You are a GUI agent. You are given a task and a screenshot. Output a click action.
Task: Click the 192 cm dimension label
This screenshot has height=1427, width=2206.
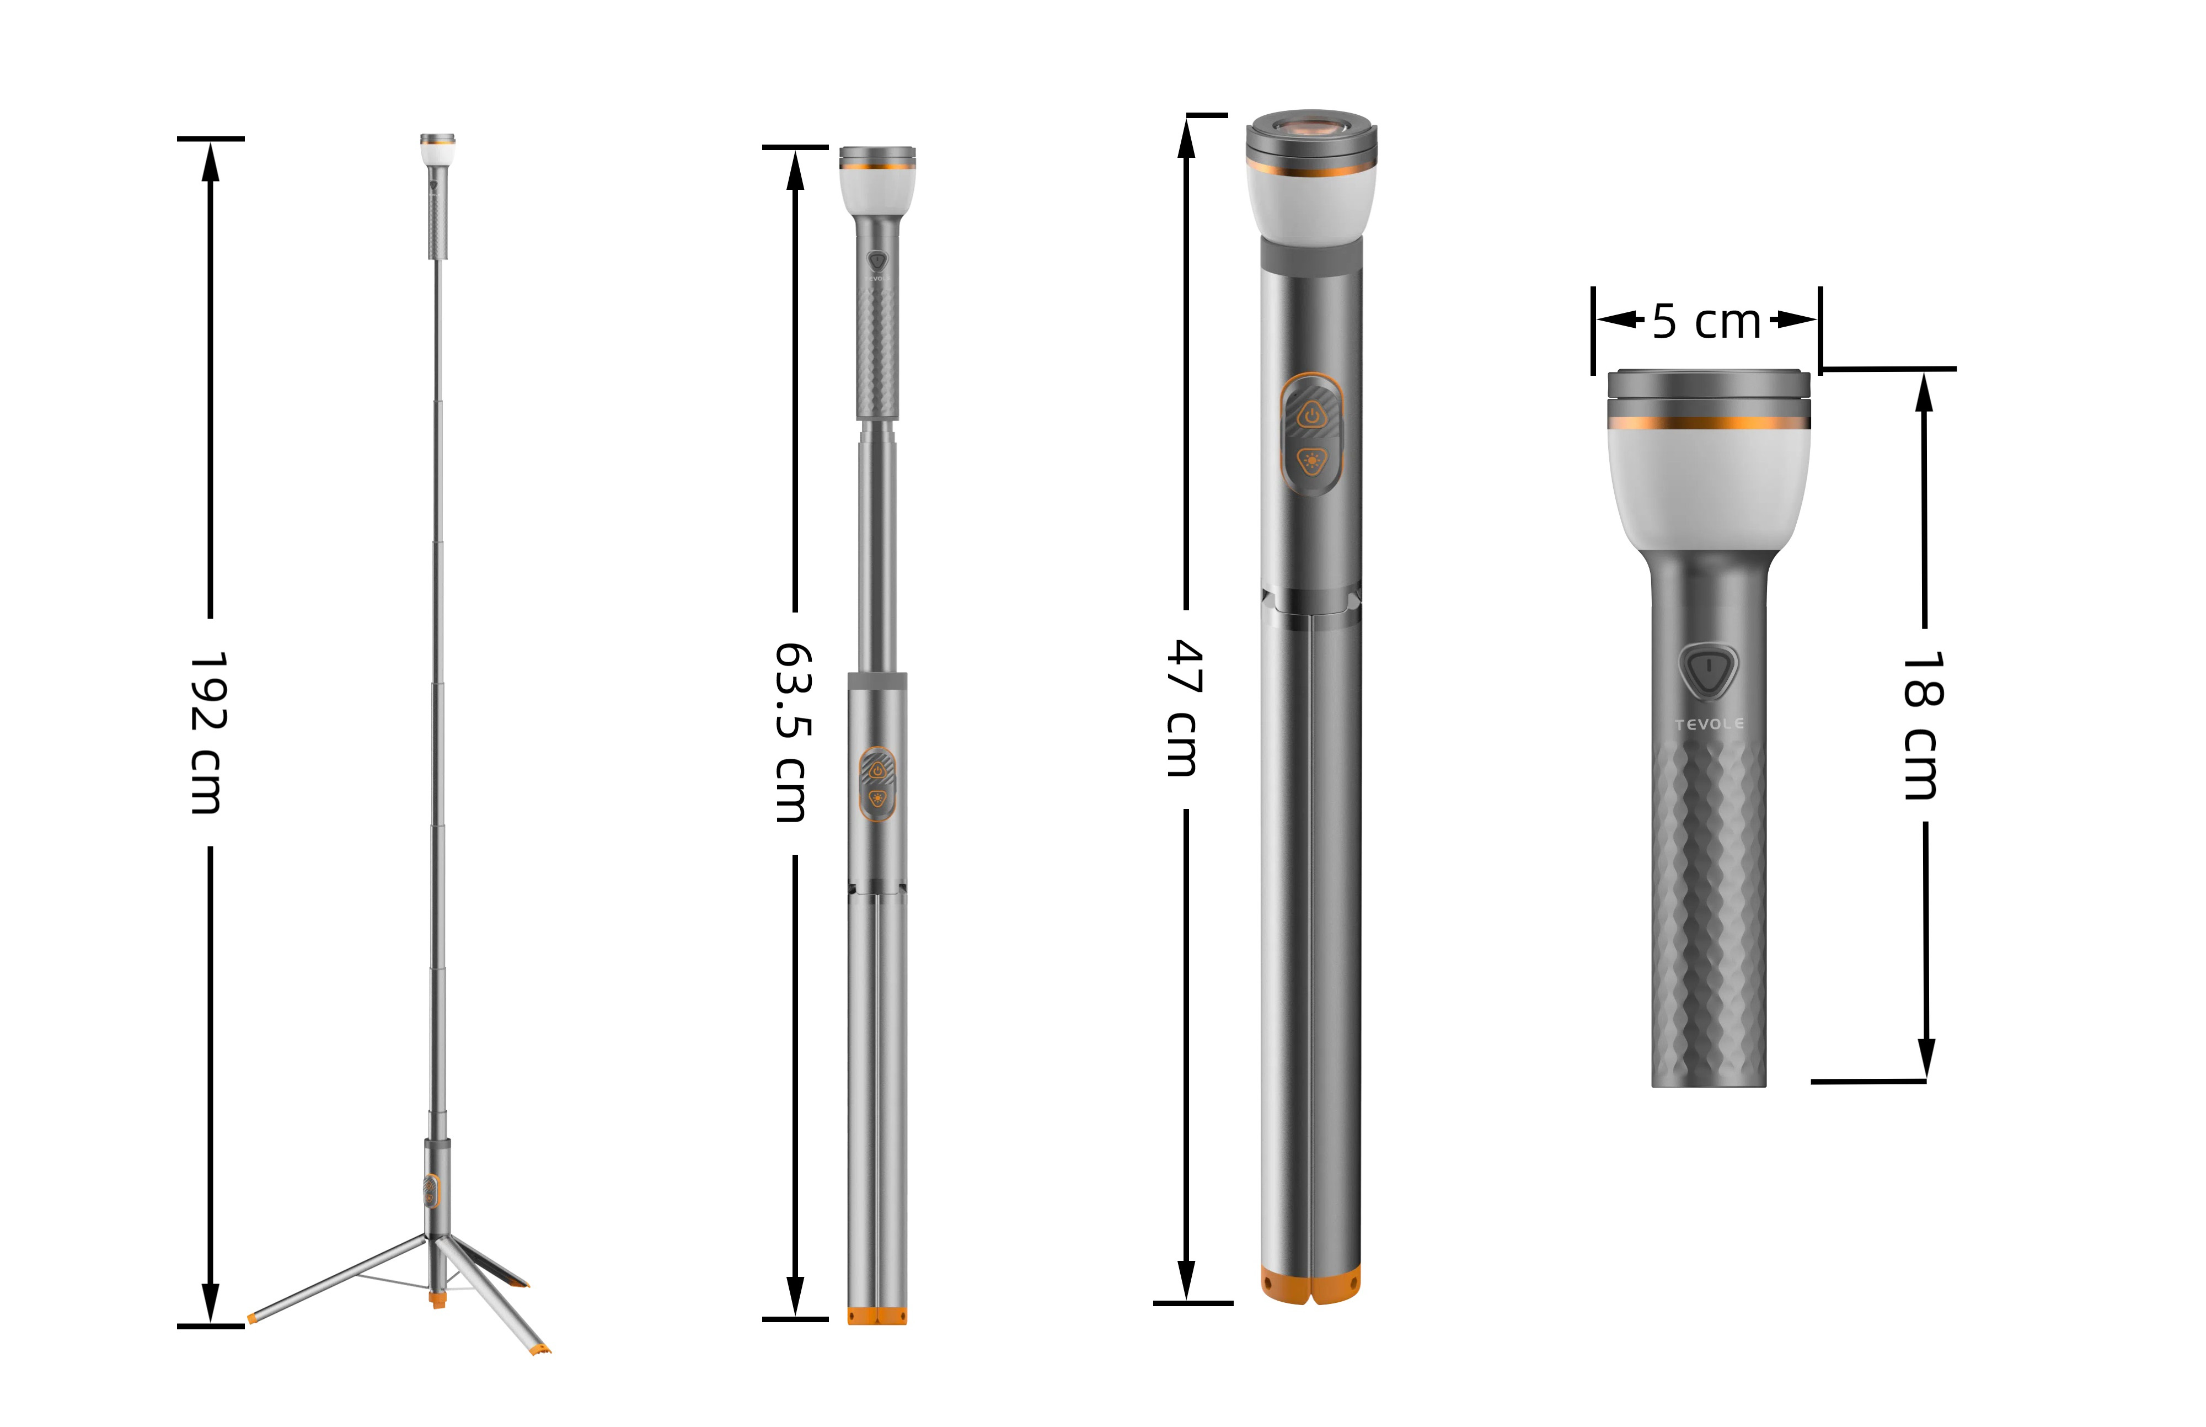coord(207,732)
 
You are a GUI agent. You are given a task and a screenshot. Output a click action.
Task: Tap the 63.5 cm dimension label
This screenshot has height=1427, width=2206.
coord(793,732)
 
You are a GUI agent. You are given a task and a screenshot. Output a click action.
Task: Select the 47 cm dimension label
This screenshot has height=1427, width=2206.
coord(1184,708)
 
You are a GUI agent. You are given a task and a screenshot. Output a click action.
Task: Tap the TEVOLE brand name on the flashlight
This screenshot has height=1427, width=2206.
coord(1709,723)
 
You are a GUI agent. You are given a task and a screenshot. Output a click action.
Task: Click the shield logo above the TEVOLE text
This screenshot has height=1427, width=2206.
coord(1709,670)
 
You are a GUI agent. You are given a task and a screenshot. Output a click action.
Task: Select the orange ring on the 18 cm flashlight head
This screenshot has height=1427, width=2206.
coord(1709,423)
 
